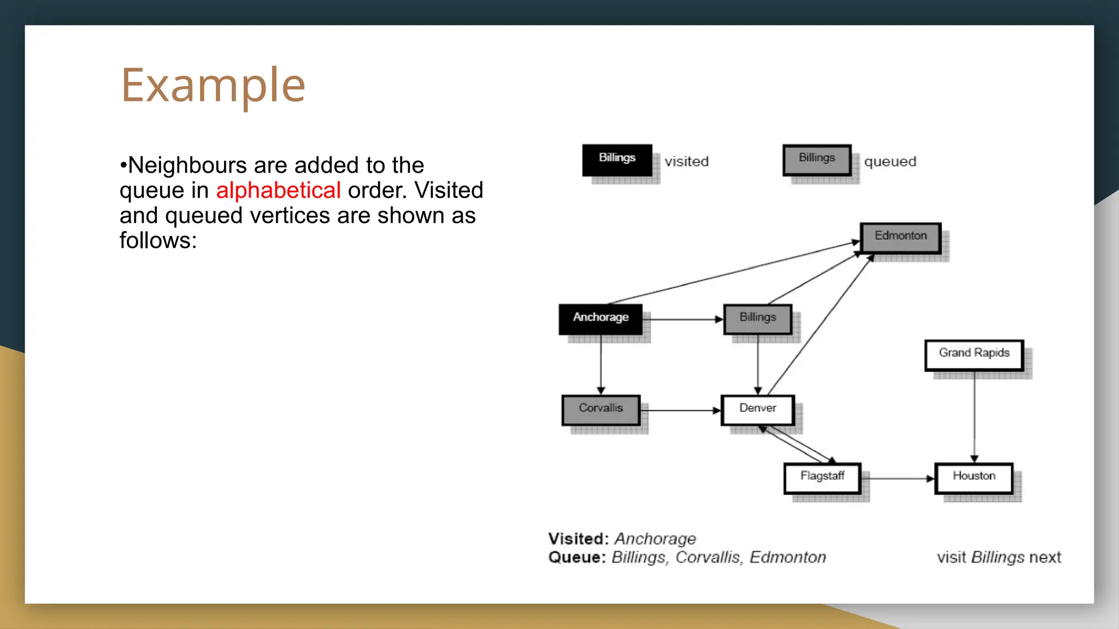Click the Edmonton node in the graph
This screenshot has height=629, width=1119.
(900, 238)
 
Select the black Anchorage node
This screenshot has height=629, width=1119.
(600, 319)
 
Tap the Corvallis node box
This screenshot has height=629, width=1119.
(600, 410)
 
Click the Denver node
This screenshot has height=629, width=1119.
(757, 410)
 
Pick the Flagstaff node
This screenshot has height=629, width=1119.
(822, 478)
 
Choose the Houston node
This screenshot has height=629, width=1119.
(974, 478)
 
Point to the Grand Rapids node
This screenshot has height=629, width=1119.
(974, 354)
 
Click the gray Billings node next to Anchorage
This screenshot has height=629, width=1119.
(757, 319)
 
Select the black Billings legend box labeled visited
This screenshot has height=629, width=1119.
(617, 159)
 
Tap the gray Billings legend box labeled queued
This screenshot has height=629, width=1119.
(817, 159)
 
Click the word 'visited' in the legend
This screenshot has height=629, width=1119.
(686, 162)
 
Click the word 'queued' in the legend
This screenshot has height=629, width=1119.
(890, 162)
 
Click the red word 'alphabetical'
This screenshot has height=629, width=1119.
(278, 191)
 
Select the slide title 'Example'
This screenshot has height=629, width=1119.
(213, 85)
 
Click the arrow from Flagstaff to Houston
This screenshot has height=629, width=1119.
(899, 479)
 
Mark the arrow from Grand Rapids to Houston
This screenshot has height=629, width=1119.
(974, 418)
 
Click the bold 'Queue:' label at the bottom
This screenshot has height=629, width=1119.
(577, 557)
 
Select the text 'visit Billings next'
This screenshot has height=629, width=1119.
(999, 557)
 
